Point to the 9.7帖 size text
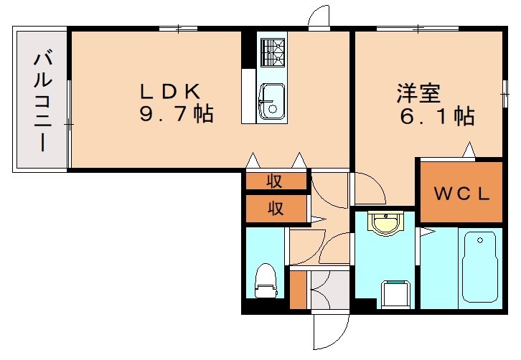(176, 114)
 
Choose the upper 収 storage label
(275, 181)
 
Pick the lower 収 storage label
(275, 208)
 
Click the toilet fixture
(266, 280)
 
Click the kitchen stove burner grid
(272, 52)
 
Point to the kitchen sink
(271, 100)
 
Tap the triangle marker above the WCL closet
(469, 151)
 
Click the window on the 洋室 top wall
(417, 29)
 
